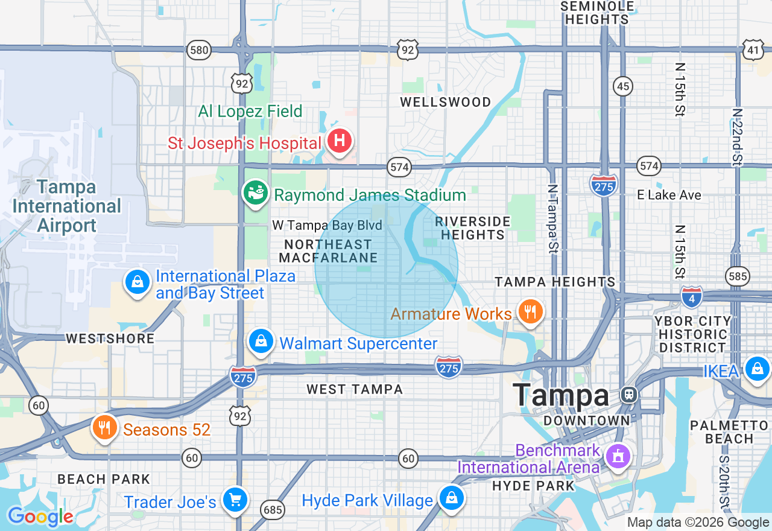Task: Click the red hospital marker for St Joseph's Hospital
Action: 340,141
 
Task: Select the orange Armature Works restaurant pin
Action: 530,312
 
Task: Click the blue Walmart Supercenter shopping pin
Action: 262,342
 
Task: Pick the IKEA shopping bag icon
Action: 758,368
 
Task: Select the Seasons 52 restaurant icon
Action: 105,427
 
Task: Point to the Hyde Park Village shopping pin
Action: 451,498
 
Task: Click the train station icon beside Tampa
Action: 628,395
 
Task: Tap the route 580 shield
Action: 198,50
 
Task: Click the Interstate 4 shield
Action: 692,297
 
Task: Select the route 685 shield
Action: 273,510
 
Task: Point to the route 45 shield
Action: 623,86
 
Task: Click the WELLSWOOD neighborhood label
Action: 446,102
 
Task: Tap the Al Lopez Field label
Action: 250,112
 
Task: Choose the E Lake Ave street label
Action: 669,195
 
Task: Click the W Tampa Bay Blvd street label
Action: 327,226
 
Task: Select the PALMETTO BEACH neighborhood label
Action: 729,432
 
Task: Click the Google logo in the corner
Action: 40,517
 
